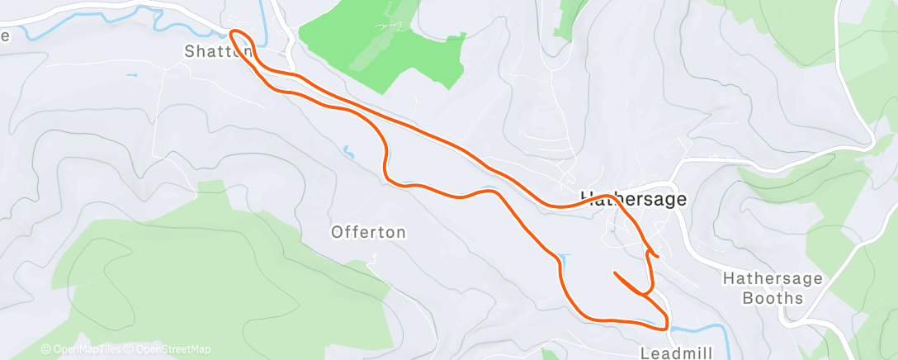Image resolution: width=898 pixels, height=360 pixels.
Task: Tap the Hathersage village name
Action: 634,199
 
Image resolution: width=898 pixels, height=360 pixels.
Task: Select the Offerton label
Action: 368,232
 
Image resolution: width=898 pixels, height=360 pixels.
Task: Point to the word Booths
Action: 773,298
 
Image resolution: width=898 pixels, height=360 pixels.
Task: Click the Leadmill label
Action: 673,353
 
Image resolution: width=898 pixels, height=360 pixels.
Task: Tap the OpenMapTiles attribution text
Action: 83,349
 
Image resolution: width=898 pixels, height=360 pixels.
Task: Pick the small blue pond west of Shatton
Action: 132,75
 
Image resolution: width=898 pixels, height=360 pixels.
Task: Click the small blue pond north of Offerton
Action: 349,152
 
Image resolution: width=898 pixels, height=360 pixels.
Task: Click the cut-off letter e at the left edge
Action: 4,36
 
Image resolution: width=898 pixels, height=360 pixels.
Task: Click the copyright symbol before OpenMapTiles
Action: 45,349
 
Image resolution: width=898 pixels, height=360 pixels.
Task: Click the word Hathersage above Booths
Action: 773,278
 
